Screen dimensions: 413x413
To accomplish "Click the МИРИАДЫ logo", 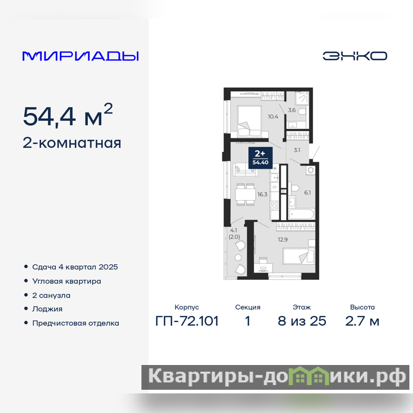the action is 81,56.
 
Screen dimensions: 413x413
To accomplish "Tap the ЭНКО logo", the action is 355,56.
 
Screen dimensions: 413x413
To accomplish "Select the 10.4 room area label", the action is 273,117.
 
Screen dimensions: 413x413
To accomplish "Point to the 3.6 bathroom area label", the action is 292,110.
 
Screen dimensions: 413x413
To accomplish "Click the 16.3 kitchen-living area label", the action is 262,195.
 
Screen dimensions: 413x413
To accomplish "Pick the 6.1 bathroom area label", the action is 307,193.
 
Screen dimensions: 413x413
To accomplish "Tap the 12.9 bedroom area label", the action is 282,240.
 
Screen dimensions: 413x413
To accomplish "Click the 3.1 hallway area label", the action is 297,150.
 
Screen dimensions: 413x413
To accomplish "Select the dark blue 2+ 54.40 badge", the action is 260,157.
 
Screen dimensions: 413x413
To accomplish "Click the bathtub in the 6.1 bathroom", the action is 301,214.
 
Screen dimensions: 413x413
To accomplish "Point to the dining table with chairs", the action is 246,195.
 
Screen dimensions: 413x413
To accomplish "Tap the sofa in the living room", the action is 245,169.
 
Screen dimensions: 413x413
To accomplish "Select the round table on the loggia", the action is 238,257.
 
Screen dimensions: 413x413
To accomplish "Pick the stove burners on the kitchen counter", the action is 275,205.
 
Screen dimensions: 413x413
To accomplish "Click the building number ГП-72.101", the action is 187,321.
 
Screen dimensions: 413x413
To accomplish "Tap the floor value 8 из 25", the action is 302,321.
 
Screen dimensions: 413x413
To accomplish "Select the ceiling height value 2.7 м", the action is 362,321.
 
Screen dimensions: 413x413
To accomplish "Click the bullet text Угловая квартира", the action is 67,281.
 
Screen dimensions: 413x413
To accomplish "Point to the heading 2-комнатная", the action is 72,143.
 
